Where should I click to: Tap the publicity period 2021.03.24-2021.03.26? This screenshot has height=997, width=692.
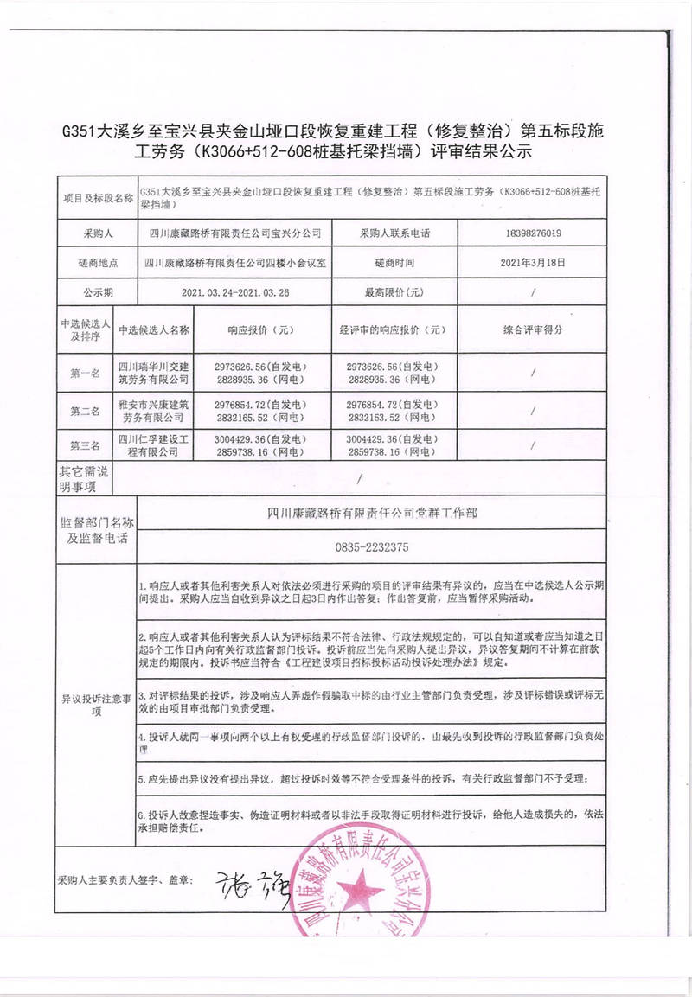[x=234, y=292]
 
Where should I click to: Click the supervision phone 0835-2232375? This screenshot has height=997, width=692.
[x=371, y=546]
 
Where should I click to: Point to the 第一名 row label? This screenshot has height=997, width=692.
[x=85, y=374]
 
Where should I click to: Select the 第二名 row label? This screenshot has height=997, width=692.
[x=85, y=411]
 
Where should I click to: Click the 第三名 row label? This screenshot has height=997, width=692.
[x=85, y=445]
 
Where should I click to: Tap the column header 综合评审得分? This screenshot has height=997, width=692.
[x=534, y=329]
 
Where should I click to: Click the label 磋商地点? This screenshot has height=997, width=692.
[x=96, y=261]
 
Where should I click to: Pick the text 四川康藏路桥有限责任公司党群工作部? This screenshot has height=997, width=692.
[x=372, y=512]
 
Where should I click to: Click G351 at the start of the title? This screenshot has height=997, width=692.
[x=81, y=131]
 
